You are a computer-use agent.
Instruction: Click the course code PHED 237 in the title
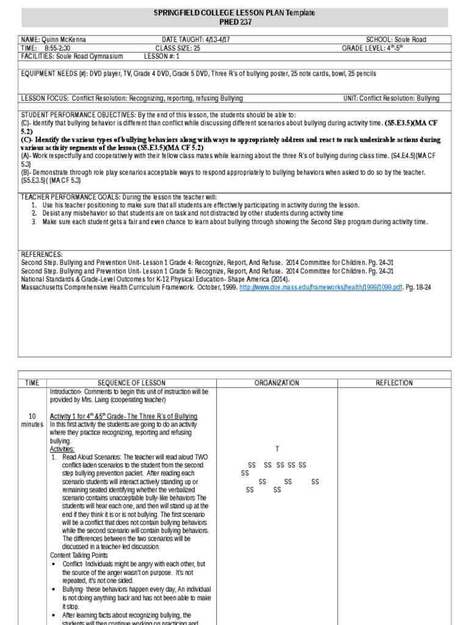(x=234, y=22)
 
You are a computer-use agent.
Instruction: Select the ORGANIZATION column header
(x=277, y=383)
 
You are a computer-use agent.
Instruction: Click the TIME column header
(x=32, y=383)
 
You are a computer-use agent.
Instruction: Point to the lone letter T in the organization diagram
(x=277, y=449)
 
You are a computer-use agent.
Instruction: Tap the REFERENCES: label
(x=42, y=253)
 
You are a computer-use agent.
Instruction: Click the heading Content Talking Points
(x=79, y=555)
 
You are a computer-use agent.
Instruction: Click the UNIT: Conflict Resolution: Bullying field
(x=399, y=98)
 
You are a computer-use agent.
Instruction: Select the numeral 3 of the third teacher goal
(x=34, y=222)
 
